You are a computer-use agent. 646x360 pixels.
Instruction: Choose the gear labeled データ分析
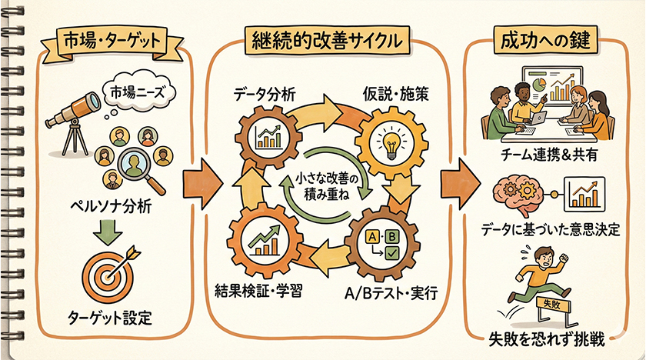coord(268,137)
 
